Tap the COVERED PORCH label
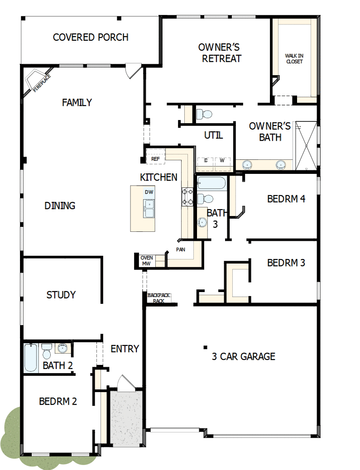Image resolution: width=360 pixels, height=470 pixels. coord(91,37)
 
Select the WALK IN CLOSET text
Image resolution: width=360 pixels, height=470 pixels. coord(294,58)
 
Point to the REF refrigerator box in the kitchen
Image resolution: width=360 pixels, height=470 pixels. coord(155,158)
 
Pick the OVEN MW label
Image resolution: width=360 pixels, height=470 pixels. coord(146,261)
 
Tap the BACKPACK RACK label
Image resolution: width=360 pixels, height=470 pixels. coord(158,298)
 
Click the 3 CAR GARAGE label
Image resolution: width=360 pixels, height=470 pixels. coord(244,356)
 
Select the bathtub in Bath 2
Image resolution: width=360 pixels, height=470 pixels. coord(31,358)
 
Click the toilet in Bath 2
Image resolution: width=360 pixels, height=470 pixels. coord(47,351)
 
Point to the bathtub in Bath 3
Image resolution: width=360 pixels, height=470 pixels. coord(211,183)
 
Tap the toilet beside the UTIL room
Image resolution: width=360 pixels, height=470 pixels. coord(206,114)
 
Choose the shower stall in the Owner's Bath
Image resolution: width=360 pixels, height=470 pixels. coord(306,146)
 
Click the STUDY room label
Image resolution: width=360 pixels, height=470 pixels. coord(61,295)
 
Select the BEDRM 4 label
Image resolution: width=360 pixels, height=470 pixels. coord(286,198)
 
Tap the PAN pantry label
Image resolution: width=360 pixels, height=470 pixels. coord(180,249)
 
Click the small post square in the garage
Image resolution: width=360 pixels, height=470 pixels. coord(206,347)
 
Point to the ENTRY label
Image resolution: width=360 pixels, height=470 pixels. coord(125,349)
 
